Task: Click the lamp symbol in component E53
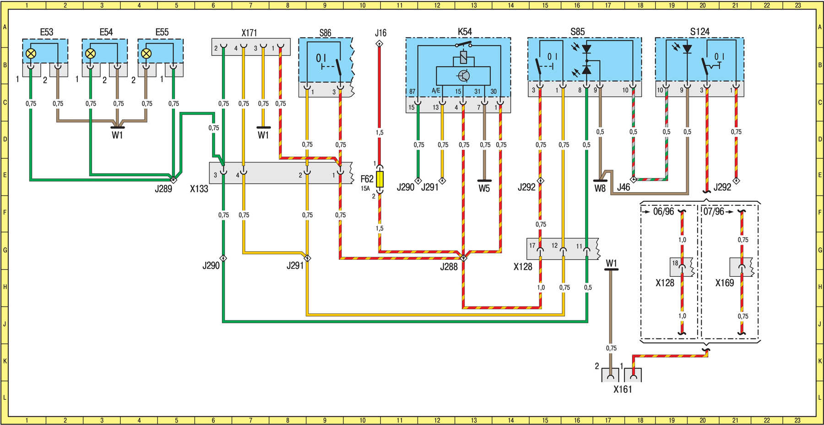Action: [31, 54]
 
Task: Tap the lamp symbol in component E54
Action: [91, 54]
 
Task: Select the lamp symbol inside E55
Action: [146, 54]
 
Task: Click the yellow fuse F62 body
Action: [379, 179]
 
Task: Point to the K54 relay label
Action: [465, 32]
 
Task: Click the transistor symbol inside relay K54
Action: [463, 76]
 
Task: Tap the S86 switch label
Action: [325, 33]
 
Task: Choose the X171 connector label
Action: [249, 33]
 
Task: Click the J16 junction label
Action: [380, 33]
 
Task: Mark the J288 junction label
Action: [449, 267]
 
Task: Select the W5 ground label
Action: [484, 188]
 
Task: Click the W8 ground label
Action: [600, 188]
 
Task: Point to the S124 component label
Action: [699, 32]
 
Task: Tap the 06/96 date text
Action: [663, 212]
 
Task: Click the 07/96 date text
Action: [714, 212]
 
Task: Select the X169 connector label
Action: [725, 283]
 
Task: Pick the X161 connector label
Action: [623, 389]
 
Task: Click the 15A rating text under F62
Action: [365, 188]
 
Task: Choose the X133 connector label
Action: [199, 188]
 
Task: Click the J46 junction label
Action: [623, 187]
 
